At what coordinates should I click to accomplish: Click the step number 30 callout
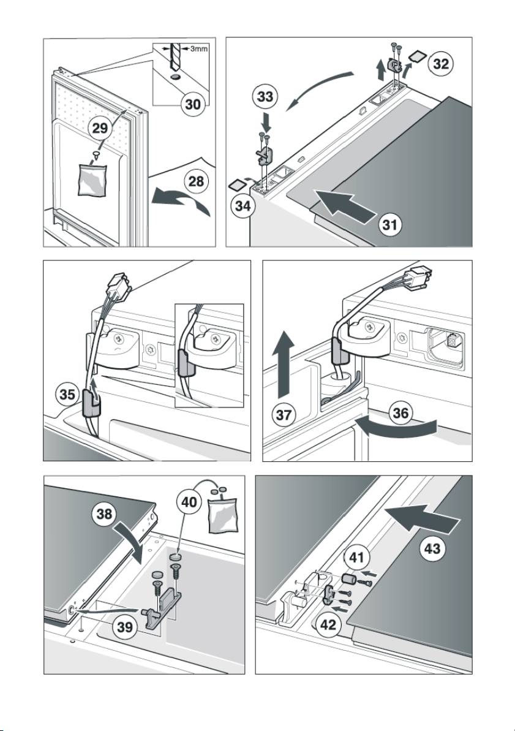tap(193, 104)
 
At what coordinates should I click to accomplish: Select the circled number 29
tap(100, 128)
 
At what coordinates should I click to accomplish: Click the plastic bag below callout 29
tap(92, 180)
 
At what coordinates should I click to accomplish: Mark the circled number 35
tap(68, 395)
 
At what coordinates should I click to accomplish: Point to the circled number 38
tap(104, 513)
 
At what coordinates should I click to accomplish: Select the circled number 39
tap(124, 627)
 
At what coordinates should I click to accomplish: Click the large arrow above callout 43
tap(424, 521)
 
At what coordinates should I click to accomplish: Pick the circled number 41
tap(357, 558)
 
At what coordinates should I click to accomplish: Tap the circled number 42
tap(328, 625)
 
